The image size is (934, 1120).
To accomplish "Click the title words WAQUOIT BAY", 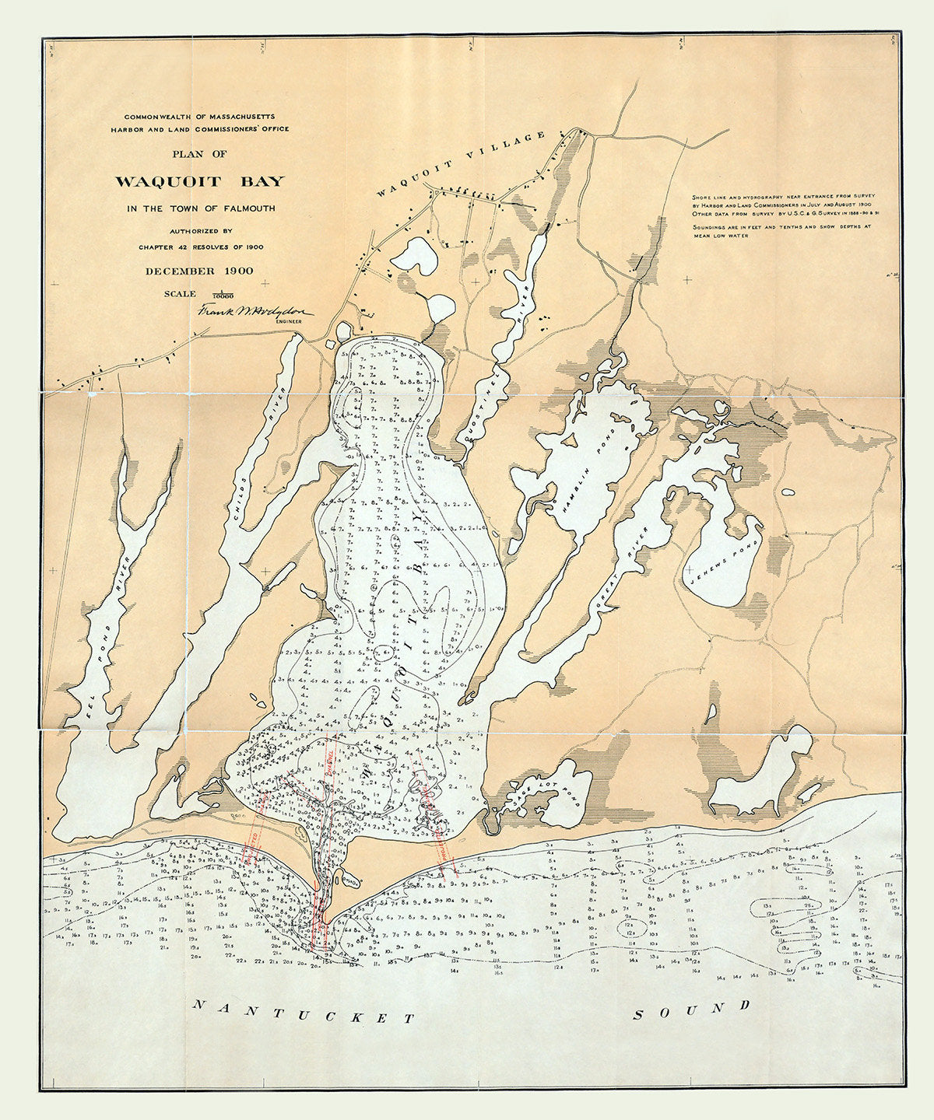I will point(200,182).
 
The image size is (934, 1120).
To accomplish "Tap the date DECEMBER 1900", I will point(200,271).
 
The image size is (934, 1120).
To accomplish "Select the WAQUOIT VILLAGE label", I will point(462,165).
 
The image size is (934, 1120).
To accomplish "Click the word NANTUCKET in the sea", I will point(304,1012).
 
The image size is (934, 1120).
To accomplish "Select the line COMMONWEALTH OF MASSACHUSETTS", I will point(200,115).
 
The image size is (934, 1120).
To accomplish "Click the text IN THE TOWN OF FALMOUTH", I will point(200,208).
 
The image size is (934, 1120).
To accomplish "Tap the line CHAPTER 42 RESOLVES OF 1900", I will point(200,247).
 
